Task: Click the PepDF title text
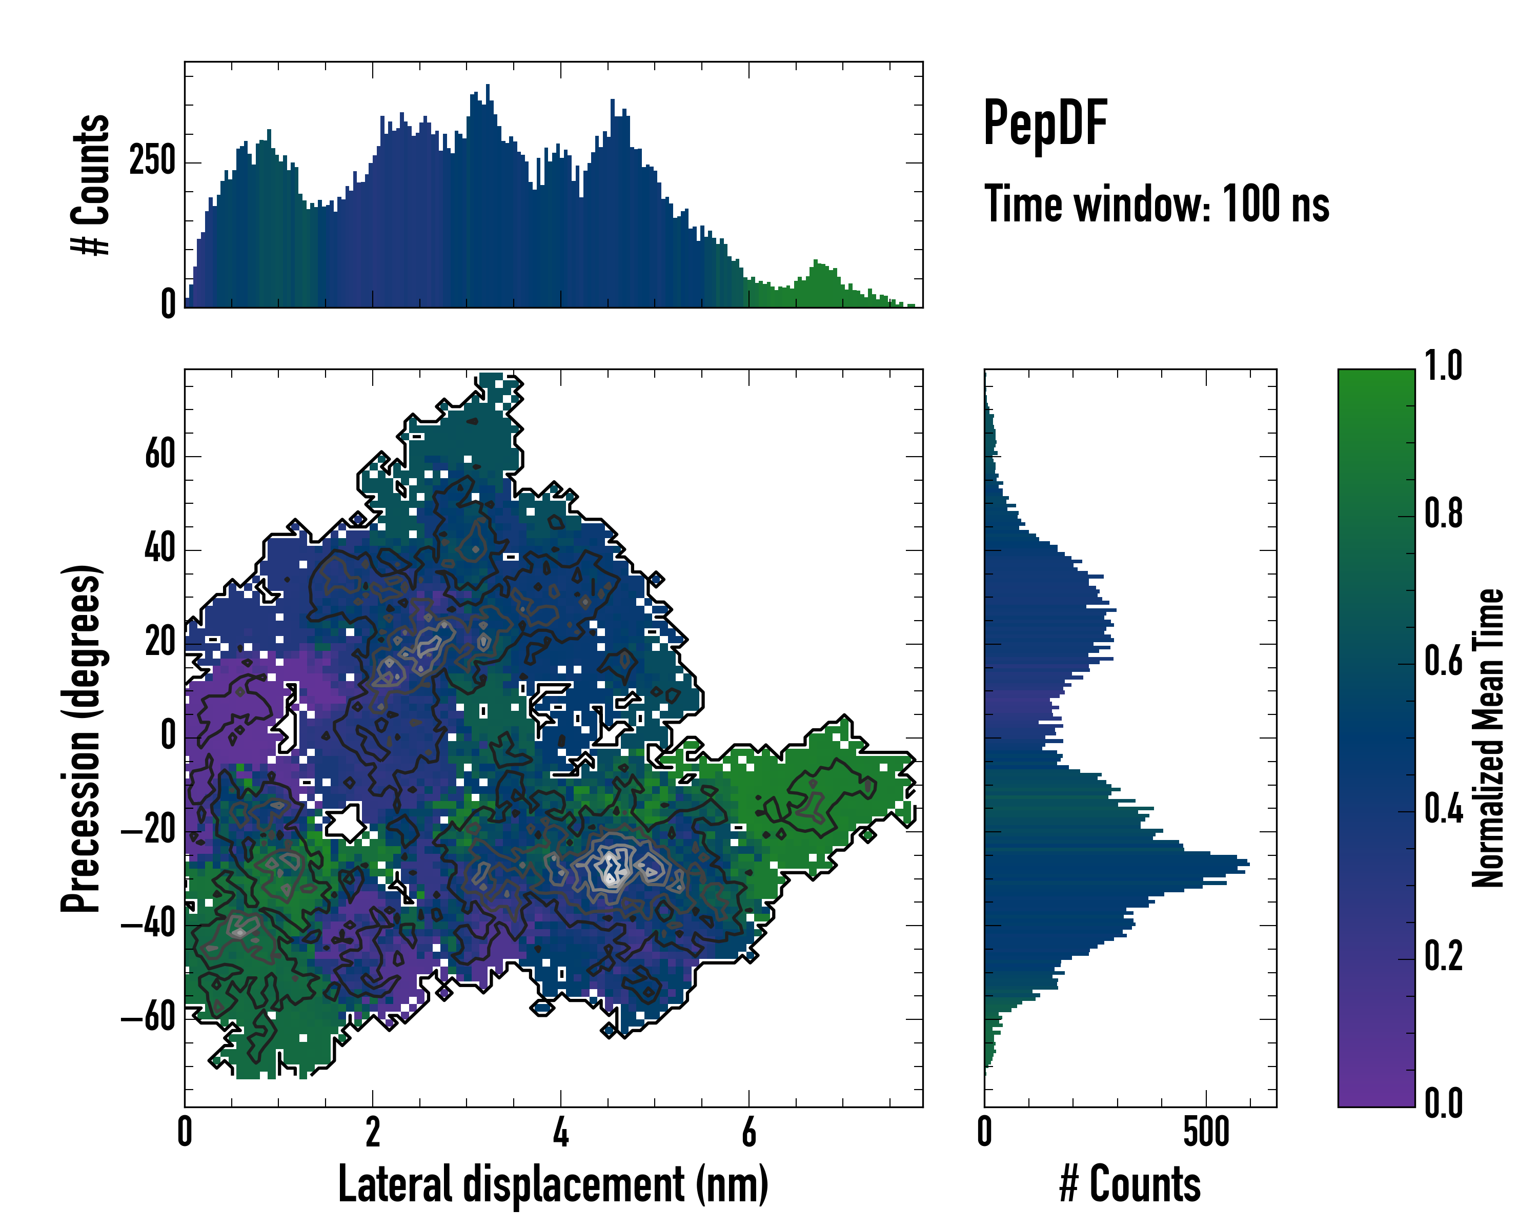(x=1044, y=124)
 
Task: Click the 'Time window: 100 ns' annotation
(x=1157, y=204)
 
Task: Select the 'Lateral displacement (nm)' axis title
(x=553, y=1184)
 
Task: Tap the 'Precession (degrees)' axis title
(x=80, y=738)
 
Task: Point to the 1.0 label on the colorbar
(x=1443, y=366)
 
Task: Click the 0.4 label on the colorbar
(x=1443, y=809)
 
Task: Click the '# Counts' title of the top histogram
(x=91, y=184)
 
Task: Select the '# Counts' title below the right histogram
(x=1130, y=1184)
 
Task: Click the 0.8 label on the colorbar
(x=1443, y=514)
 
